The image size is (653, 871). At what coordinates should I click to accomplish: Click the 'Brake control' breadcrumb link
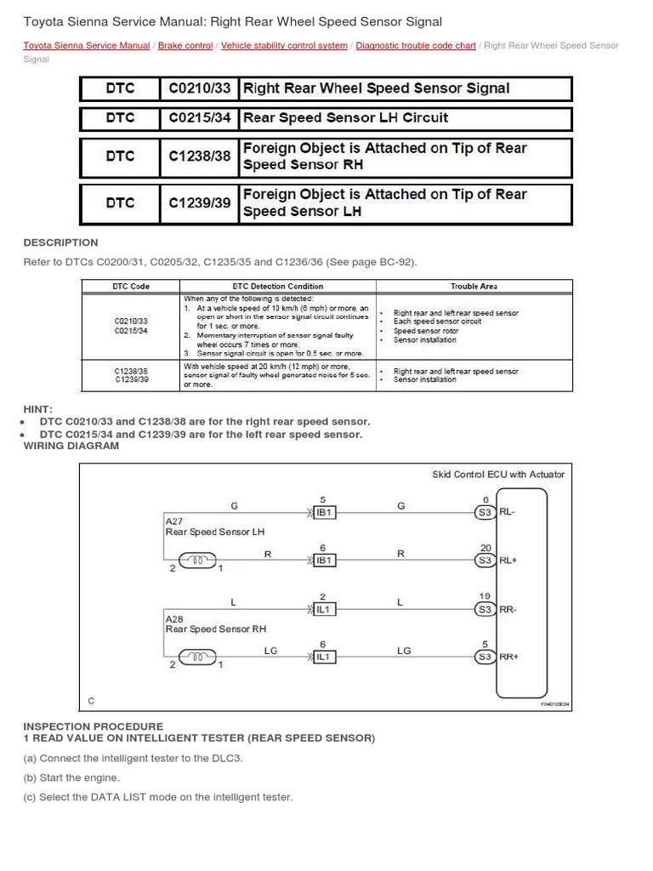(185, 46)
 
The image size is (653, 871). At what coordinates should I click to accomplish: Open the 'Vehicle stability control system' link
(284, 46)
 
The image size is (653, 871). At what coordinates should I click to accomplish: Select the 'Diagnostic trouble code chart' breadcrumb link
(416, 46)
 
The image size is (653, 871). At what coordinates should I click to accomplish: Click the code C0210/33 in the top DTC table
(200, 88)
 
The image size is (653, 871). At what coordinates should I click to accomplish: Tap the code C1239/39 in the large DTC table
(200, 202)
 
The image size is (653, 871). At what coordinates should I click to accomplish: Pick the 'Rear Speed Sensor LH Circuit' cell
(345, 117)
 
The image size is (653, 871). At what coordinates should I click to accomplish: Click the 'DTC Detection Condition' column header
(277, 287)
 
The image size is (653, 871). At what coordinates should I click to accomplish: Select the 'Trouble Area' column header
(474, 287)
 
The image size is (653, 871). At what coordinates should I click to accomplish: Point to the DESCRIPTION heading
(60, 242)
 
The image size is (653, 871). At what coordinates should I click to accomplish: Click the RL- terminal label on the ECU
(508, 512)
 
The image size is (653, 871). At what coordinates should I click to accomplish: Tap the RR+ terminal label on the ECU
(508, 657)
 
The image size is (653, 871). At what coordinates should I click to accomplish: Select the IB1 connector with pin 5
(323, 512)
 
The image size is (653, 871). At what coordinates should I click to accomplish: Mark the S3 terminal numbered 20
(485, 561)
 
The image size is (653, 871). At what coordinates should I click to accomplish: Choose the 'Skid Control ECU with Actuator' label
(498, 474)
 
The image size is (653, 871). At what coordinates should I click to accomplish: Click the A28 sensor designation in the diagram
(173, 619)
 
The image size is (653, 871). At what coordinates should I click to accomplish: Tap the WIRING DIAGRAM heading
(71, 446)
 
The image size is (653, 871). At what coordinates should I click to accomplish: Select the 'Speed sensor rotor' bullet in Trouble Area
(426, 331)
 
